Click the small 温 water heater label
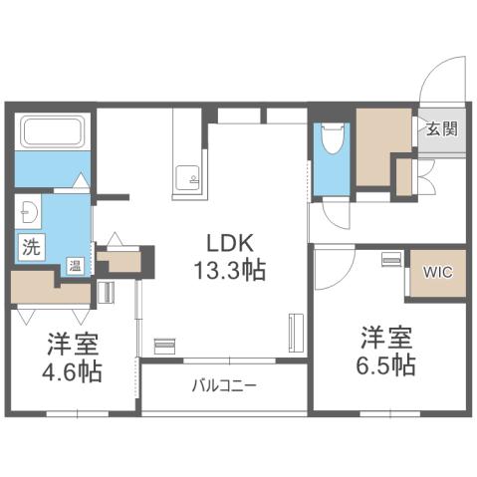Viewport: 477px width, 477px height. [x=75, y=265]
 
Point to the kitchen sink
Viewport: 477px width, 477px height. [x=187, y=177]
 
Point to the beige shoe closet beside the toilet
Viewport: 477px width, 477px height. [x=382, y=146]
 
